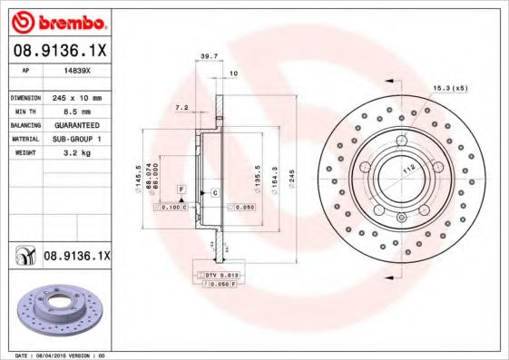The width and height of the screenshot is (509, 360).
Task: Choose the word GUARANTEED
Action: pyautogui.click(x=73, y=124)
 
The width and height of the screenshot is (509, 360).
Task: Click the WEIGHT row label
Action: pyautogui.click(x=23, y=153)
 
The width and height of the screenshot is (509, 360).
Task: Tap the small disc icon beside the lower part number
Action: pyautogui.click(x=22, y=258)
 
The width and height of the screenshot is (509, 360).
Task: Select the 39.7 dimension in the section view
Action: pyautogui.click(x=208, y=56)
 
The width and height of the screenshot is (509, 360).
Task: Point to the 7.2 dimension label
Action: pyautogui.click(x=181, y=107)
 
